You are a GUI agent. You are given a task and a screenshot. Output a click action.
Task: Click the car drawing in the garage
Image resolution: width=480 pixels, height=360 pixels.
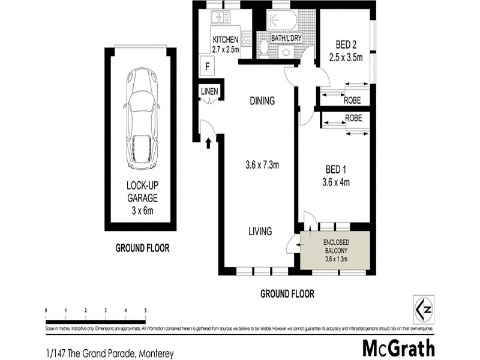click(x=142, y=119)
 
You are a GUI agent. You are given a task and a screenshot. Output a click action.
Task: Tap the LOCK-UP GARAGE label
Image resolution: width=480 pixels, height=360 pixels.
click(x=142, y=193)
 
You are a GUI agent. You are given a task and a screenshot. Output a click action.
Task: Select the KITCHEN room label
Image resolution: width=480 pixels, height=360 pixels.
click(x=226, y=40)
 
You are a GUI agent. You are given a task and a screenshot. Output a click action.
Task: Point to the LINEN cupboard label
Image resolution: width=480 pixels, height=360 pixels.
click(x=210, y=91)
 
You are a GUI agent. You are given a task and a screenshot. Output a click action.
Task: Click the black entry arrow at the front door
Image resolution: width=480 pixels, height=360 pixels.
click(x=209, y=143)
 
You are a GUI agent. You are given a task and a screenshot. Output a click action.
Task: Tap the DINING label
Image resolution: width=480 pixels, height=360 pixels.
click(x=262, y=101)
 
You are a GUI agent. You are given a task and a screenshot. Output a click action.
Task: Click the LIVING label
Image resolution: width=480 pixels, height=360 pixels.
click(x=261, y=231)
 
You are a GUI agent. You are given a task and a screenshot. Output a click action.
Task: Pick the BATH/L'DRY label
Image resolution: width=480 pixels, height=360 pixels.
click(x=286, y=38)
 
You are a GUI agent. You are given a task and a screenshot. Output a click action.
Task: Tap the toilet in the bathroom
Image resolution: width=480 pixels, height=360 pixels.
click(x=264, y=47)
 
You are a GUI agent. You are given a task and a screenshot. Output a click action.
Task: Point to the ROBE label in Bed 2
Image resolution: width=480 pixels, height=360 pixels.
click(x=352, y=101)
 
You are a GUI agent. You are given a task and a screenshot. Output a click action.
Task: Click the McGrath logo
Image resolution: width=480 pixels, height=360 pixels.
click(x=398, y=348)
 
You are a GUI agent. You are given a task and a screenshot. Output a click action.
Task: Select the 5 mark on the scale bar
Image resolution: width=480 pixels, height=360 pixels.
click(x=145, y=311)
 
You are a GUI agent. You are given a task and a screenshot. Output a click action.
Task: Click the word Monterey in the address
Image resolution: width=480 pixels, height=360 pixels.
click(x=156, y=354)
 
